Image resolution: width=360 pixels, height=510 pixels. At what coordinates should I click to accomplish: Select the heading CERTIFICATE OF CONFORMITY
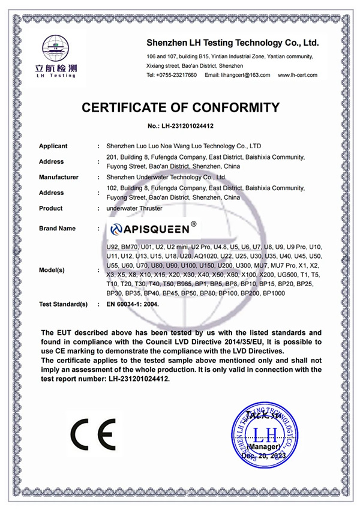tap(181, 108)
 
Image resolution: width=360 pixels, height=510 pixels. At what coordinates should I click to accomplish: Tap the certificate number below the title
tap(181, 127)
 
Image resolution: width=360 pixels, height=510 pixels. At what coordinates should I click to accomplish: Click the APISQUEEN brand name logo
tap(154, 229)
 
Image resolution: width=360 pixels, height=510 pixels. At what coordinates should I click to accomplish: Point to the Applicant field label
tap(53, 146)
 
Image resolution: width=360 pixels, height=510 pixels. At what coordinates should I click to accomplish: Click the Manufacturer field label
tap(59, 177)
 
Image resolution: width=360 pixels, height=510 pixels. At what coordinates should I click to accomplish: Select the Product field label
tap(51, 208)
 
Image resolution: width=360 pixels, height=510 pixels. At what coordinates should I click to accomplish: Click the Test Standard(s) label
tap(64, 304)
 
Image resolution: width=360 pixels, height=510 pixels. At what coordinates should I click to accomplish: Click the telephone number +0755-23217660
tap(175, 75)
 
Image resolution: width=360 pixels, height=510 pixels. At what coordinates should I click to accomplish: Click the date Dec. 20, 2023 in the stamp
tap(264, 457)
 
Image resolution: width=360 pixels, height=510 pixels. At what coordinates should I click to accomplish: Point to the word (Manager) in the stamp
tap(265, 448)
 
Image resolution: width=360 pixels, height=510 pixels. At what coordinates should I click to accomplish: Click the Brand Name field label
tap(58, 229)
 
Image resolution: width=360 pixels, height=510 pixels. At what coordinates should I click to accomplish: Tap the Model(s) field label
tap(52, 270)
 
